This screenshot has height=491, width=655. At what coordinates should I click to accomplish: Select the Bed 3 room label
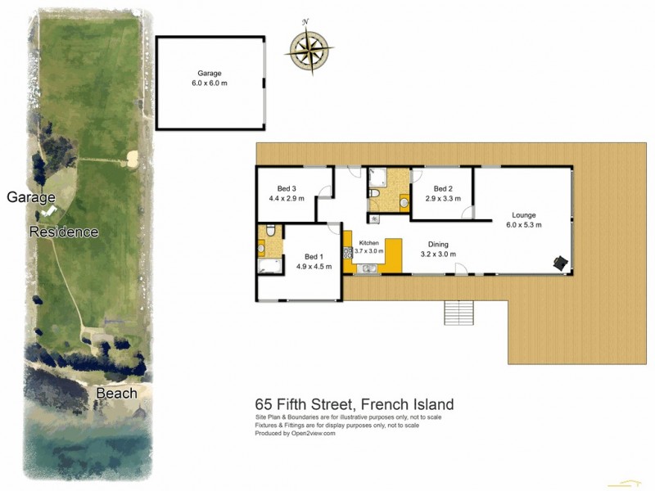[282, 193]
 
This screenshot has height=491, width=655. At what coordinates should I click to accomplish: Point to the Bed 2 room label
[443, 192]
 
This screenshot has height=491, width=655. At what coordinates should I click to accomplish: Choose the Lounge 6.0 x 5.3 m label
[523, 219]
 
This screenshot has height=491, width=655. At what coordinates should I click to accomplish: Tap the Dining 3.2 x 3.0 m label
[438, 249]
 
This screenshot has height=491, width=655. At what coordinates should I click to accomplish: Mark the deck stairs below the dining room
[459, 313]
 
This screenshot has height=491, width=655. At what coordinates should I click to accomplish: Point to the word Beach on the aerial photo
[116, 394]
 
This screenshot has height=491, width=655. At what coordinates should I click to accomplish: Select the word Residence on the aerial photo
[64, 232]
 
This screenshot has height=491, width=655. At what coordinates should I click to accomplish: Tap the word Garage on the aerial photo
[30, 197]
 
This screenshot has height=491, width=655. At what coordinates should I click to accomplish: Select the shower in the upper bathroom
[378, 177]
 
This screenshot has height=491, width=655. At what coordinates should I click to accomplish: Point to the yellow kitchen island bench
[393, 256]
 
